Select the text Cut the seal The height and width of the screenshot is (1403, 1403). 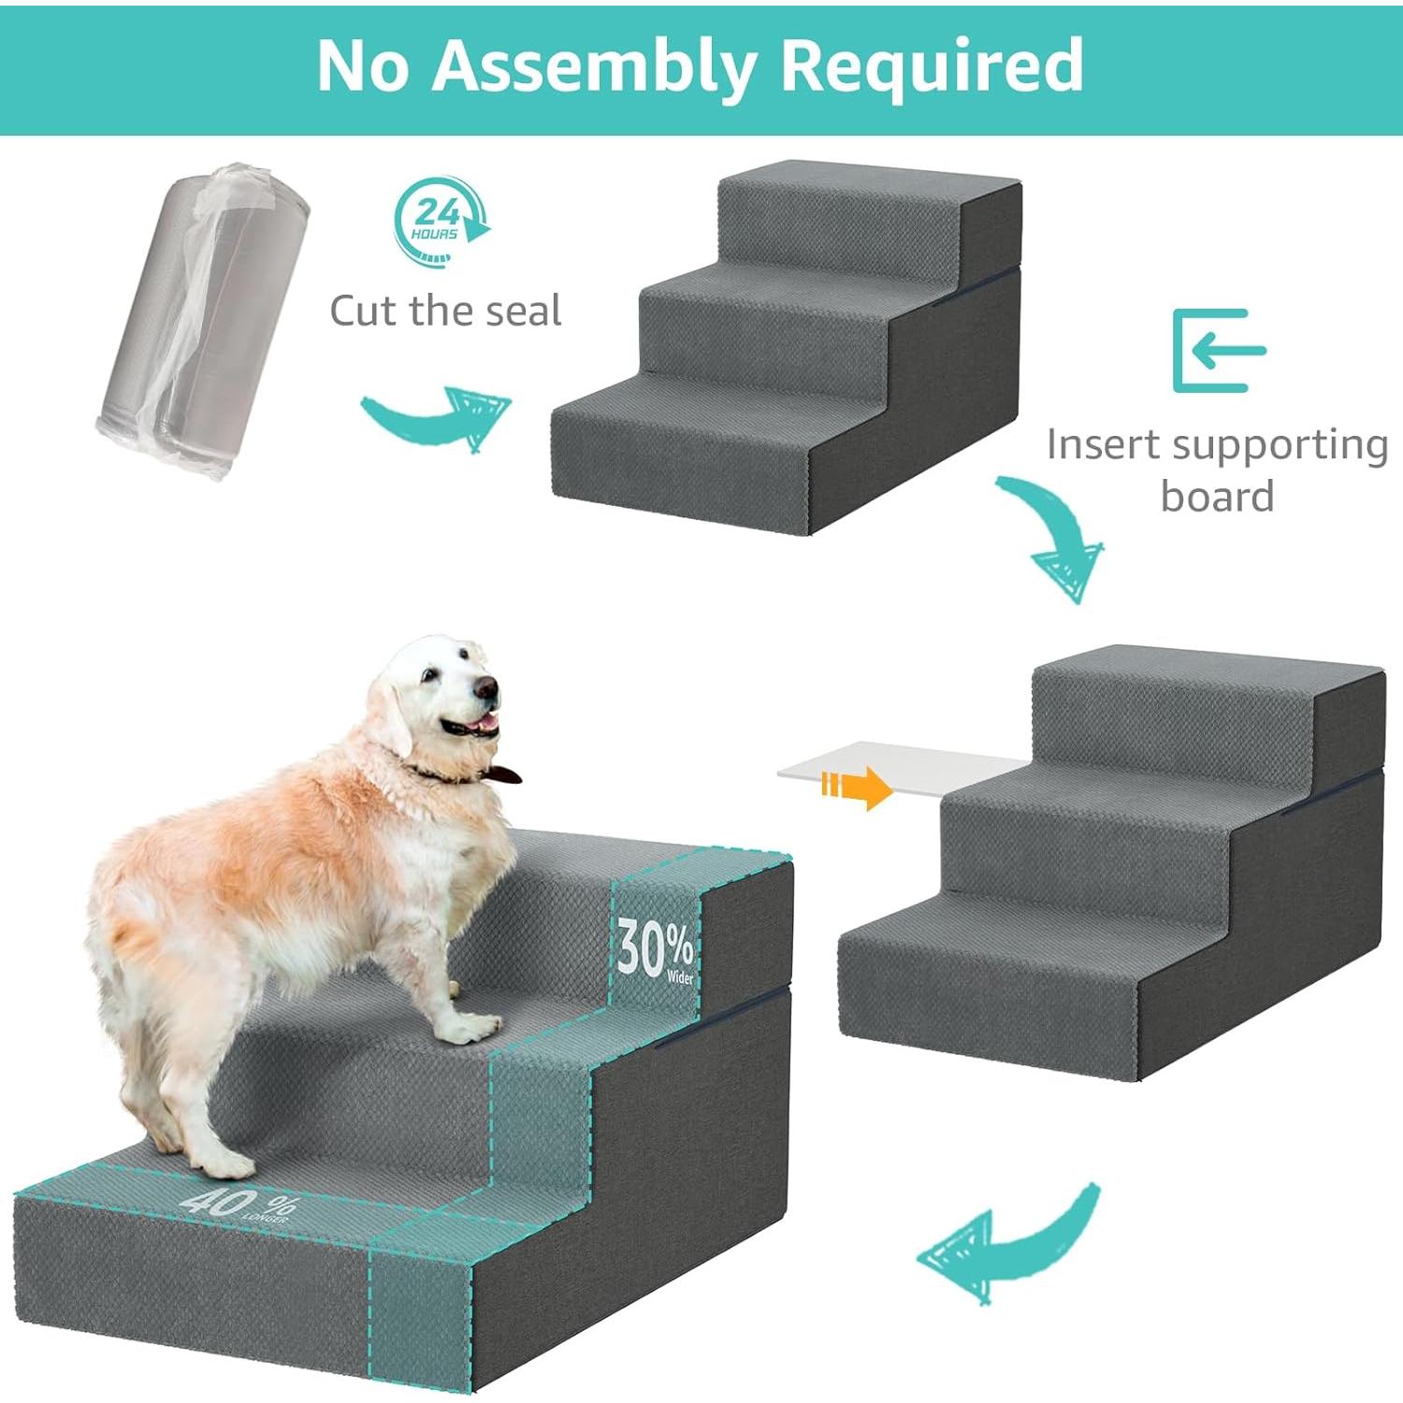pos(445,311)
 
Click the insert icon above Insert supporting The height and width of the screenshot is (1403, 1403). pos(1218,350)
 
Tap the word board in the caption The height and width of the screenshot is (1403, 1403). pos(1217,496)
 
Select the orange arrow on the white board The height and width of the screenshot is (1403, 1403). pos(856,787)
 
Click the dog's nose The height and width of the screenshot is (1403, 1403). pos(485,688)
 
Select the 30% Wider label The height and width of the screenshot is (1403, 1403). pos(655,951)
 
